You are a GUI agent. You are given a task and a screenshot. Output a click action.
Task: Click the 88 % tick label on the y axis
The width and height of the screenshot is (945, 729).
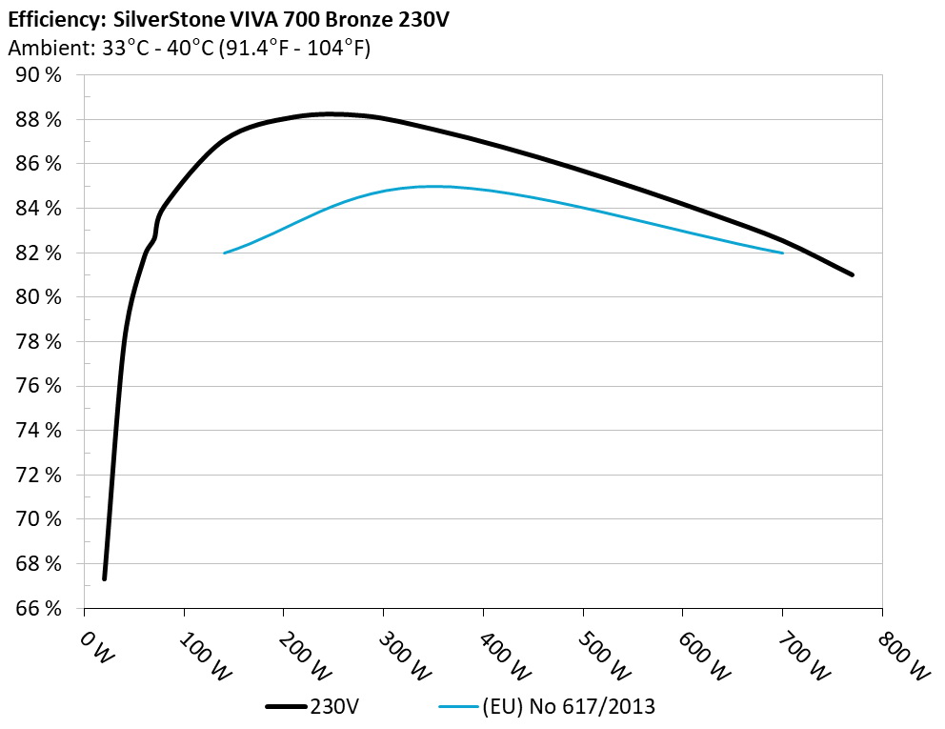(41, 119)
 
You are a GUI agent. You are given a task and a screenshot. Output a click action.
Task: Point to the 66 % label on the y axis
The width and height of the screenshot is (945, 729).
(41, 608)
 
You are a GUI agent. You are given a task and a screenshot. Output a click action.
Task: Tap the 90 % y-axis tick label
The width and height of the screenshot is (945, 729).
(41, 75)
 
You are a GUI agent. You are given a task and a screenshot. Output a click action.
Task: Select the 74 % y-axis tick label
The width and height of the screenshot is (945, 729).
(41, 430)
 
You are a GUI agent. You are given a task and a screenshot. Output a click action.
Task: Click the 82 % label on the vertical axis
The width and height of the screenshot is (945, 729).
(41, 253)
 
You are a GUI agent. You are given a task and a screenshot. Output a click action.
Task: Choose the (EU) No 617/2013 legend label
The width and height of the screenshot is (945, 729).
(569, 706)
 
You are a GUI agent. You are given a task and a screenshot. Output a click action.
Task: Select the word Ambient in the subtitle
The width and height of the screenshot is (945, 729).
(41, 48)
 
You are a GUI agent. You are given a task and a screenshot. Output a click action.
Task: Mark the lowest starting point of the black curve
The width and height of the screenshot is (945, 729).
(104, 577)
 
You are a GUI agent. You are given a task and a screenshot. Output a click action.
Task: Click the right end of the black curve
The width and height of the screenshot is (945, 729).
(852, 274)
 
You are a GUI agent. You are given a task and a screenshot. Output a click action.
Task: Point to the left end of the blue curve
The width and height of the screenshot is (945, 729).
(224, 253)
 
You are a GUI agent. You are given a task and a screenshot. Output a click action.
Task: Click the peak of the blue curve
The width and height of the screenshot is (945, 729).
(433, 186)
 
